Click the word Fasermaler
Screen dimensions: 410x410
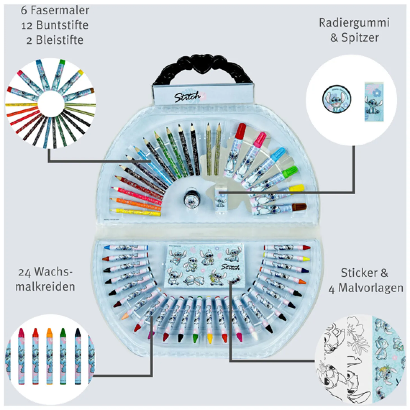pyautogui.click(x=60, y=10)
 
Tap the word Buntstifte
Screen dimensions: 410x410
pyautogui.click(x=62, y=25)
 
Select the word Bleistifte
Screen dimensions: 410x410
pyautogui.click(x=60, y=40)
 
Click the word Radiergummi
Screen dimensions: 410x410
pyautogui.click(x=354, y=23)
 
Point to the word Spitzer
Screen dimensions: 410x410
pyautogui.click(x=360, y=38)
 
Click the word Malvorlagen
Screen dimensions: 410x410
pyautogui.click(x=371, y=288)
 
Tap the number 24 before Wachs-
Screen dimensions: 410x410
pyautogui.click(x=24, y=272)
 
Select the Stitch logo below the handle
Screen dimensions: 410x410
pyautogui.click(x=188, y=97)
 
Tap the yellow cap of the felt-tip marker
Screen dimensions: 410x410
pyautogui.click(x=297, y=188)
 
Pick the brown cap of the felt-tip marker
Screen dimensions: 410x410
pyautogui.click(x=299, y=207)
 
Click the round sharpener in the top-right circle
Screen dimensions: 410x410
pyautogui.click(x=336, y=99)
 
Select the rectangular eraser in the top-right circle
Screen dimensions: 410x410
pyautogui.click(x=374, y=101)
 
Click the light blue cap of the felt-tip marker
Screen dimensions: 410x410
pyautogui.click(x=279, y=154)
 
